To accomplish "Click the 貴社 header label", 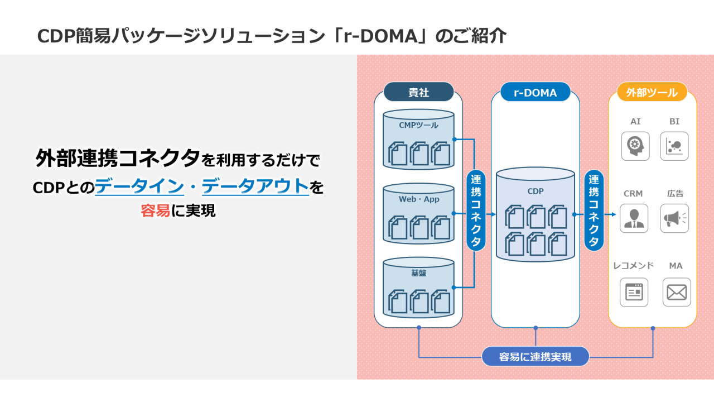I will click(x=418, y=92).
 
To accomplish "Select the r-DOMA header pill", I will click(x=535, y=92).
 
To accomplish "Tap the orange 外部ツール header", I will click(x=652, y=92).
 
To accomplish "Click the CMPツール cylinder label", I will click(x=418, y=125).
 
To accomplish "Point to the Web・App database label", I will click(x=418, y=199).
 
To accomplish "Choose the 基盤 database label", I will click(x=418, y=273).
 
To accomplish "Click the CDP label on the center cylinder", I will click(x=535, y=191).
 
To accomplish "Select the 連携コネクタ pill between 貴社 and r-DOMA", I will click(x=476, y=210).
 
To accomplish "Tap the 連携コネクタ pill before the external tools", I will click(x=594, y=210).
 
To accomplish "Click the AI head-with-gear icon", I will click(x=635, y=146).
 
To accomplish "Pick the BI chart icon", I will click(x=674, y=146).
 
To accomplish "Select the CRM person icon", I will click(x=634, y=218).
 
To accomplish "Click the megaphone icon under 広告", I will click(x=674, y=218).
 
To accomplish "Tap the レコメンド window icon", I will click(x=634, y=292).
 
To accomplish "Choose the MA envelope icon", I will click(x=677, y=292).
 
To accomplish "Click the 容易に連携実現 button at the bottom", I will click(x=535, y=356).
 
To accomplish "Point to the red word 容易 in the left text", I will click(x=155, y=211).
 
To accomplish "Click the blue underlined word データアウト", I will click(x=255, y=186).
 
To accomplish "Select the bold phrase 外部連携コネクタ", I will click(x=117, y=159).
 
